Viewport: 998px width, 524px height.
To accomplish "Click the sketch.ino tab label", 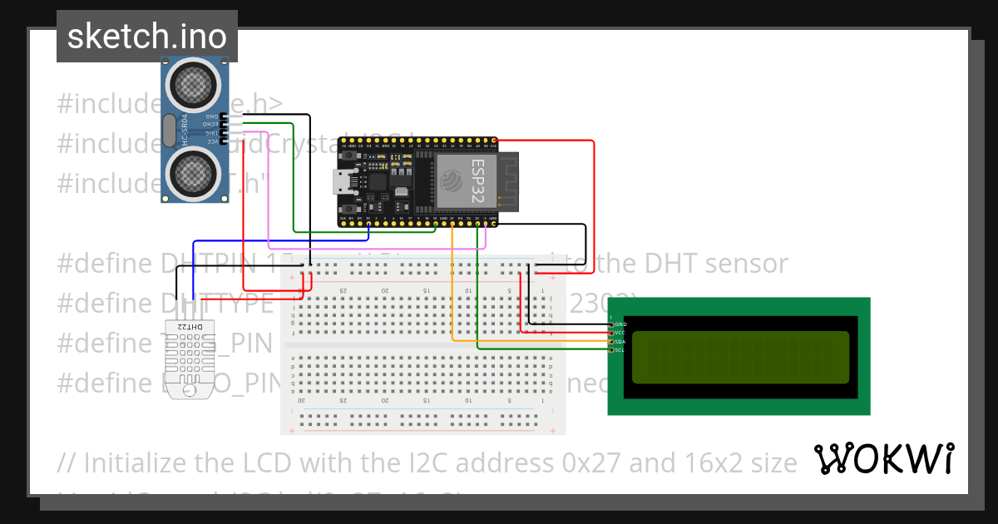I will pyautogui.click(x=146, y=37).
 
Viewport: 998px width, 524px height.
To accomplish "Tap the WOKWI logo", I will pyautogui.click(x=883, y=459).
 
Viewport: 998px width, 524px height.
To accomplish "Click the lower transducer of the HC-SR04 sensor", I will pyautogui.click(x=194, y=172).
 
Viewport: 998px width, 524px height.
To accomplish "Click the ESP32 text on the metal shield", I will pyautogui.click(x=477, y=177).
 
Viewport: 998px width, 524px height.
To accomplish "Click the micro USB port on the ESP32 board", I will pyautogui.click(x=342, y=181).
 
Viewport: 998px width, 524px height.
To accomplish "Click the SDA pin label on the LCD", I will pyautogui.click(x=620, y=341).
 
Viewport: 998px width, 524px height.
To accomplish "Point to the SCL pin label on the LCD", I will pyautogui.click(x=620, y=350).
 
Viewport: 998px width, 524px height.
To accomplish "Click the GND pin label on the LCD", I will pyautogui.click(x=620, y=324).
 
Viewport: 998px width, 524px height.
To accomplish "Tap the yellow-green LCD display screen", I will pyautogui.click(x=740, y=358).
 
